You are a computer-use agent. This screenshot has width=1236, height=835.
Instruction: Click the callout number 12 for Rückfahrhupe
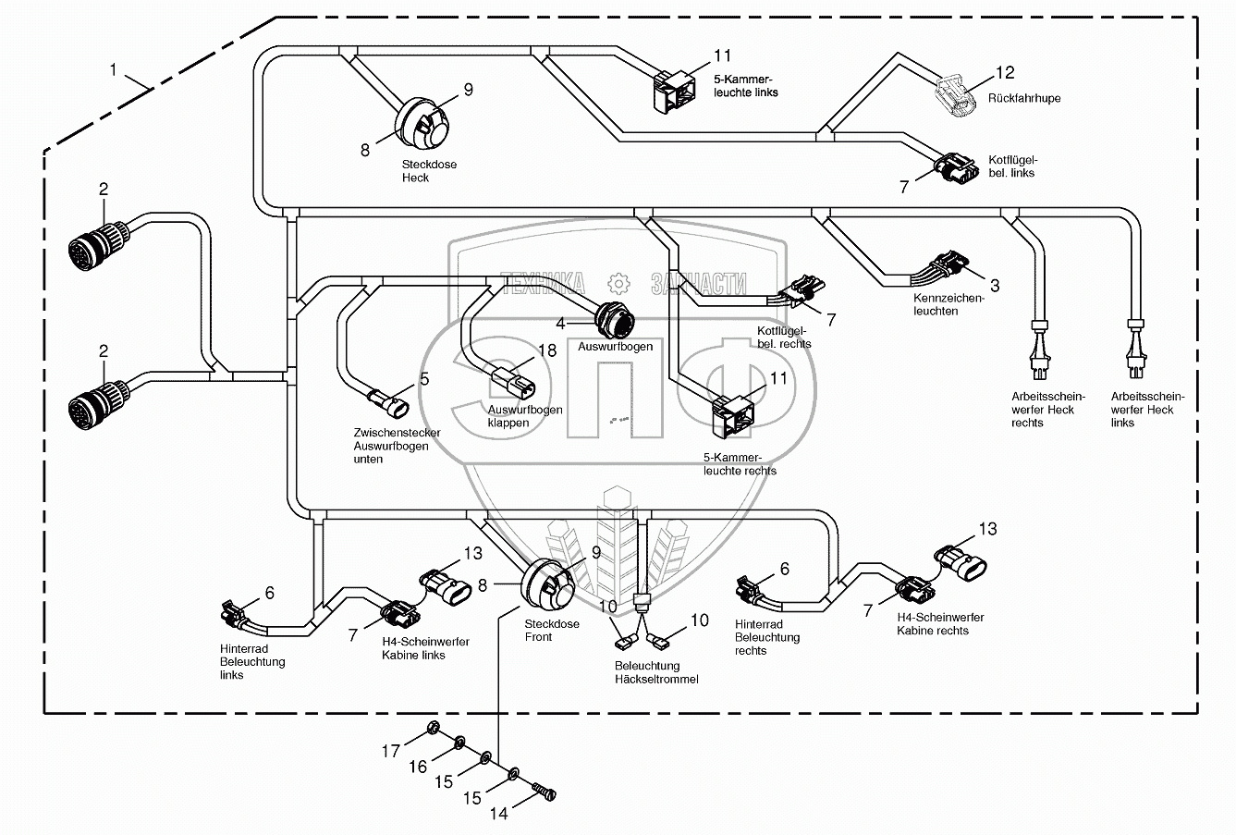coord(1005,72)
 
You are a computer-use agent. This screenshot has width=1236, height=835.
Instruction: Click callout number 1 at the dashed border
coord(114,69)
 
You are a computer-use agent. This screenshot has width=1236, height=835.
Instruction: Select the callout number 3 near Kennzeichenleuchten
coord(995,287)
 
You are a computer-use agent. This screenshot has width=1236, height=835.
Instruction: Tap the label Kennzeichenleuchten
coord(948,305)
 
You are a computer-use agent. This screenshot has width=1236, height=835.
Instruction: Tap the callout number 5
coord(424,378)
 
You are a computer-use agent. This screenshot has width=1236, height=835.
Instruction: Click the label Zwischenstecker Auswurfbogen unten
coord(397,446)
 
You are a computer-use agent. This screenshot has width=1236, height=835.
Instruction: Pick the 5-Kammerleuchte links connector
coord(675,92)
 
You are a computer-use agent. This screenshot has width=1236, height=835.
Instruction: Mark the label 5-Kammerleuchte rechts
coord(740,464)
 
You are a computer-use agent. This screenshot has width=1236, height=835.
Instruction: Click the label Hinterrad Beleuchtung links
coord(252,662)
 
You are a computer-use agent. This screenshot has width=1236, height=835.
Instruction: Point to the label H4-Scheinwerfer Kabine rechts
coord(939,624)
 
